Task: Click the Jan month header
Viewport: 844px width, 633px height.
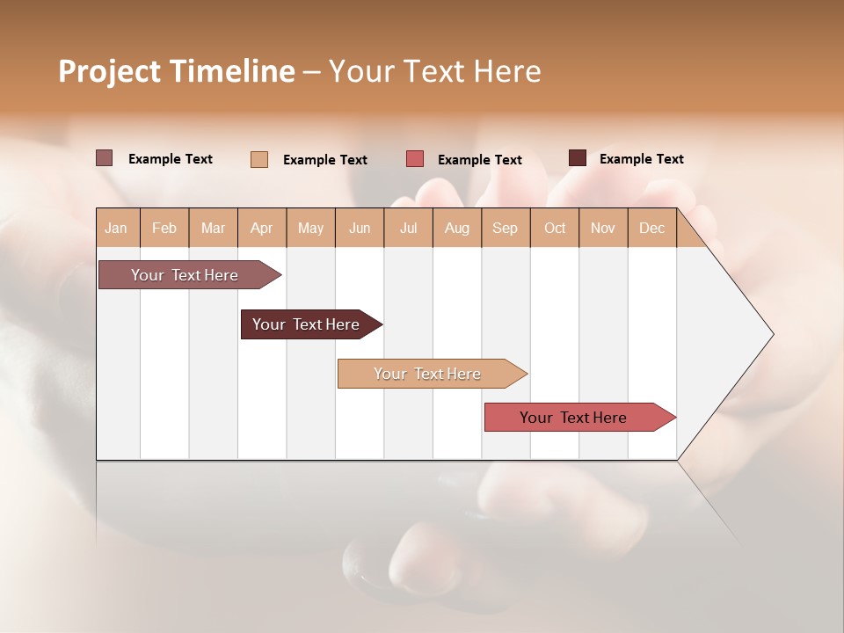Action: point(117,228)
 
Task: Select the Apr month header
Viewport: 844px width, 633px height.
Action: point(262,228)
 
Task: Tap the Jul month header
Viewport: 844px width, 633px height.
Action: point(409,228)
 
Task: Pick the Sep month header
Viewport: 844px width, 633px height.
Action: point(506,228)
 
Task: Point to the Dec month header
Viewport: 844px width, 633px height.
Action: point(652,228)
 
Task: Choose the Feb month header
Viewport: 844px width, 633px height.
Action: point(164,228)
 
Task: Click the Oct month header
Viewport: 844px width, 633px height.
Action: point(555,228)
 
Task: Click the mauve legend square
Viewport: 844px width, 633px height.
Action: point(104,158)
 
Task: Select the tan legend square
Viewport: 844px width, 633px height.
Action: point(259,159)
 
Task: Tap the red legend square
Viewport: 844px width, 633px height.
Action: point(415,159)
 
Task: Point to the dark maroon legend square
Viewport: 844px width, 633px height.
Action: point(578,158)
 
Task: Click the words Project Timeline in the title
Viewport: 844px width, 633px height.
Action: point(176,71)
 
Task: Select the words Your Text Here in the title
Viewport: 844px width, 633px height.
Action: point(435,71)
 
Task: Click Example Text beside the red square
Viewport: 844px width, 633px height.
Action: point(480,160)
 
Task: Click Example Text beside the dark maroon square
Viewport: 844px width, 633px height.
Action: point(642,159)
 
